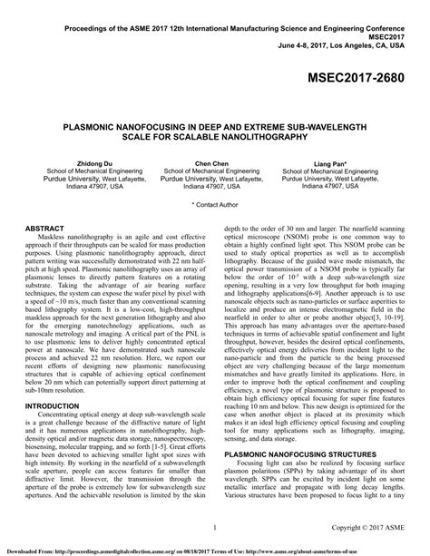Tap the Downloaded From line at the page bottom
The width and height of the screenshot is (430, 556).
tap(215, 550)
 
